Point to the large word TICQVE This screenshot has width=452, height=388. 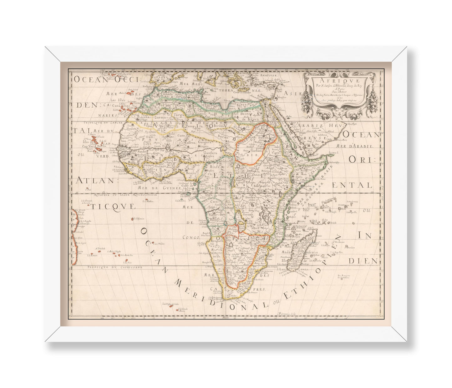[x=104, y=206]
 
